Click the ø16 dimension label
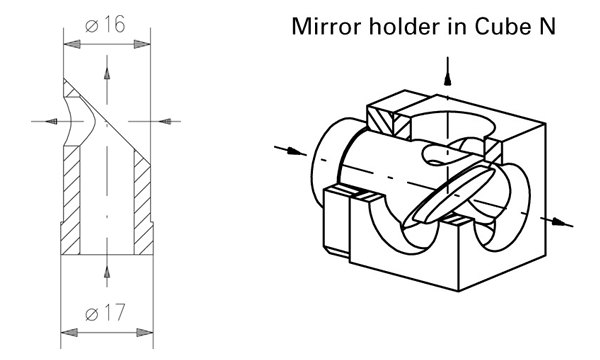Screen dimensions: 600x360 [105, 25]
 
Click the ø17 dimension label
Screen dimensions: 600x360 [105, 313]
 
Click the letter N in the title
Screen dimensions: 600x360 [546, 26]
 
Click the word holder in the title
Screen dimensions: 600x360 [405, 26]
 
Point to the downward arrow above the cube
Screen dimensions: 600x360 [447, 71]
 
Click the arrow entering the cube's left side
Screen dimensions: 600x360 [290, 150]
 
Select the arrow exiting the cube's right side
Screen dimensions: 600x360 [557, 222]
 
